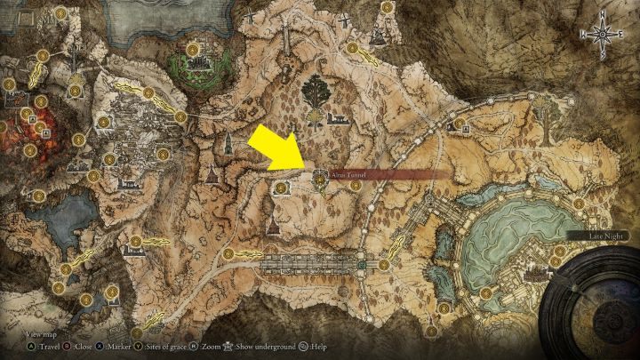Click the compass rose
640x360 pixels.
click(x=603, y=34)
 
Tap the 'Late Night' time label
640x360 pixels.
click(x=592, y=236)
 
